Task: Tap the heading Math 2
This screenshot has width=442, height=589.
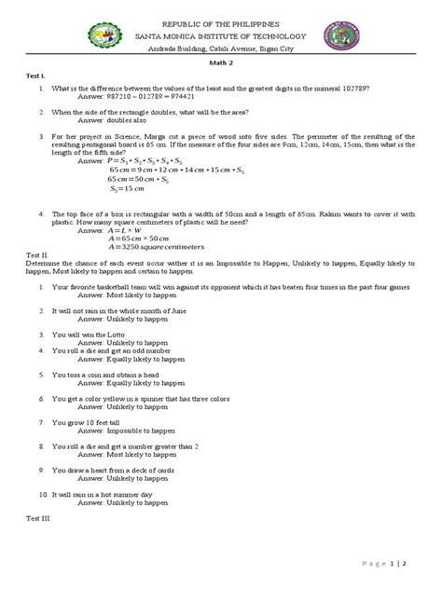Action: click(x=221, y=62)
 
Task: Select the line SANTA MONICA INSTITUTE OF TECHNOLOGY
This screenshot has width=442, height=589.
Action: click(x=221, y=35)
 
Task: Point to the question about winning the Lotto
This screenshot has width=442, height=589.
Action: click(x=99, y=333)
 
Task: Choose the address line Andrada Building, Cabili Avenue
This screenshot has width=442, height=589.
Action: click(x=221, y=48)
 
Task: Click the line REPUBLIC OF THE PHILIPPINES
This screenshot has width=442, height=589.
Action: click(x=221, y=22)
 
